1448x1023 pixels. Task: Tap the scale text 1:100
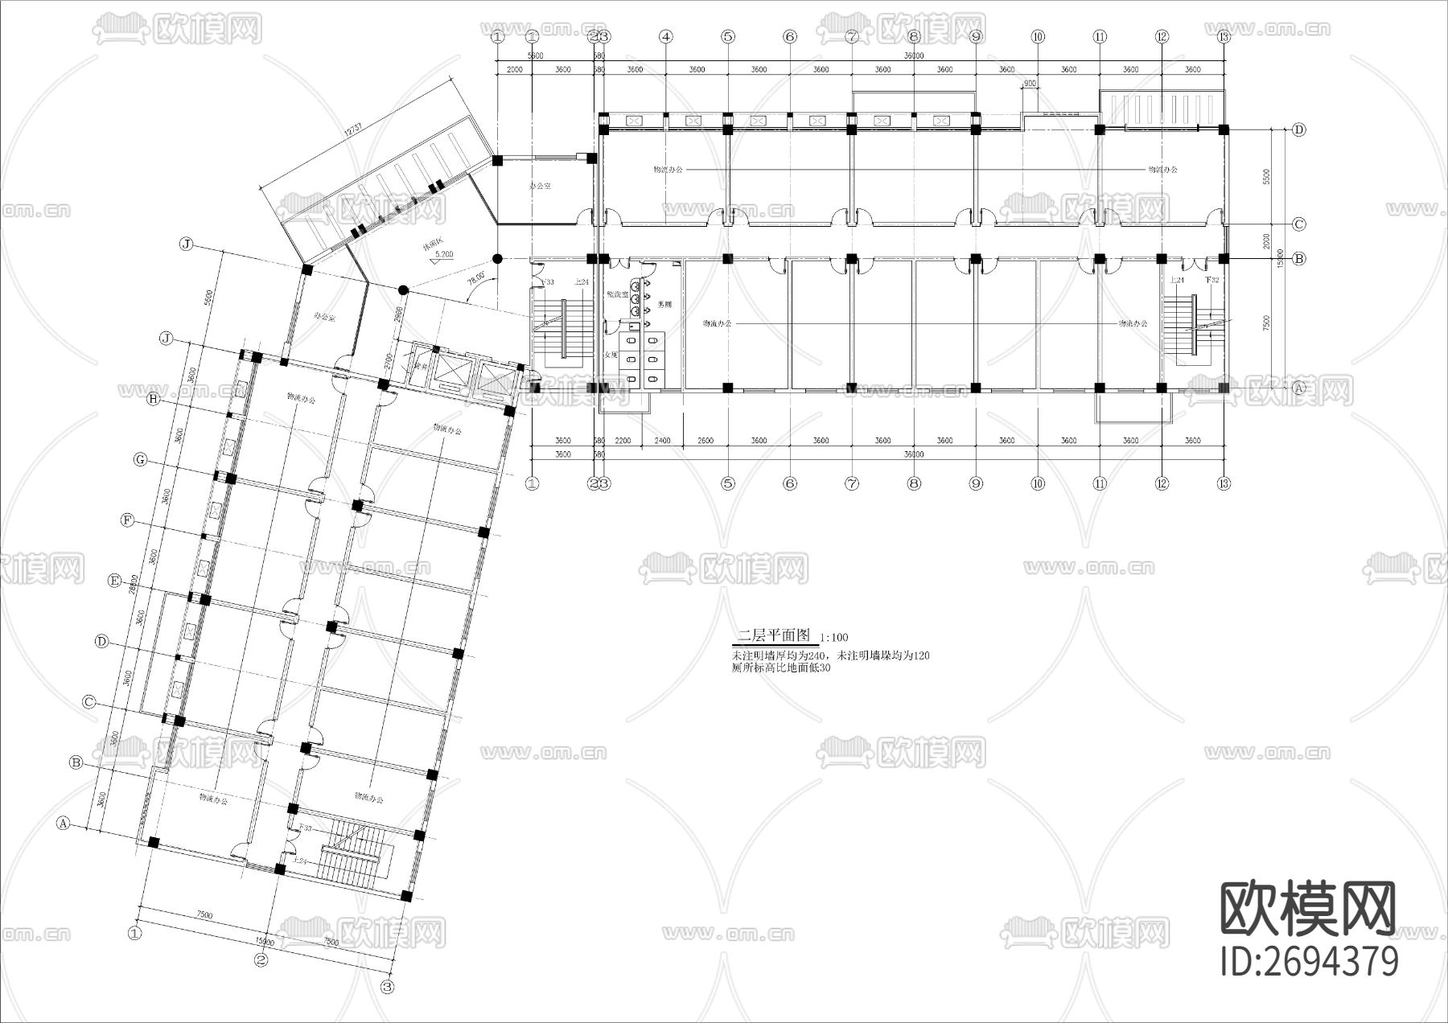pyautogui.click(x=834, y=638)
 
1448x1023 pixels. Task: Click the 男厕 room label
pyautogui.click(x=664, y=305)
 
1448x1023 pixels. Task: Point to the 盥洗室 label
pyautogui.click(x=618, y=294)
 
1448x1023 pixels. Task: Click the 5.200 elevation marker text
pyautogui.click(x=444, y=254)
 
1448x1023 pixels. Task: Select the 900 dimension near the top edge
pyautogui.click(x=1029, y=84)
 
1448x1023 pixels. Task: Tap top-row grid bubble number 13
pyautogui.click(x=1224, y=36)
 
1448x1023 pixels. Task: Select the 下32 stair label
pyautogui.click(x=1211, y=280)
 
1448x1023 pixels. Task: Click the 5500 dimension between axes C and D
pyautogui.click(x=1266, y=177)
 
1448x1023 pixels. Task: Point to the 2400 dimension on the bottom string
pyautogui.click(x=662, y=441)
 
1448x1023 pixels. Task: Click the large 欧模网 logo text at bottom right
pyautogui.click(x=1308, y=909)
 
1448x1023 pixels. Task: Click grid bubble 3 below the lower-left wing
pyautogui.click(x=387, y=986)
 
